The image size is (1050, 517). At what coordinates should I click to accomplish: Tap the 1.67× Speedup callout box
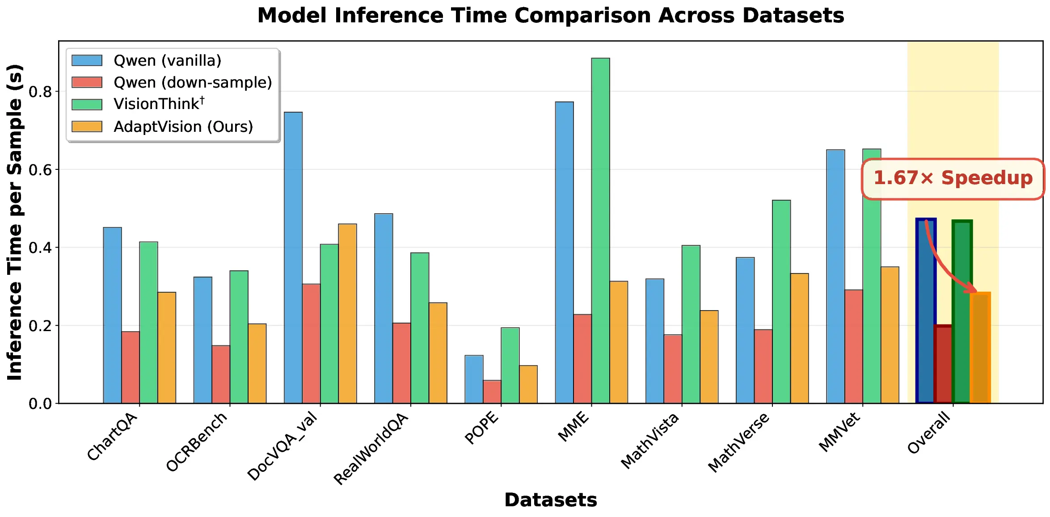(953, 178)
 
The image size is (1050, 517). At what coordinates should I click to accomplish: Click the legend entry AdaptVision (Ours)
(183, 127)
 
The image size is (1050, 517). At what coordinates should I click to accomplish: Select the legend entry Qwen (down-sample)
(193, 83)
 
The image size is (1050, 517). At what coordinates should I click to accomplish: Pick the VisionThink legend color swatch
(87, 105)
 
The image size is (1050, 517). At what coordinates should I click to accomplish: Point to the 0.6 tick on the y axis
(40, 170)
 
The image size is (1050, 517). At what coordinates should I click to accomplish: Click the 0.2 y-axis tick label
(40, 326)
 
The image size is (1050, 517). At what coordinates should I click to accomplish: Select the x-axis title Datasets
(550, 500)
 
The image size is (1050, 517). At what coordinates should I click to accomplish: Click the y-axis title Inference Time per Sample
(15, 222)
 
